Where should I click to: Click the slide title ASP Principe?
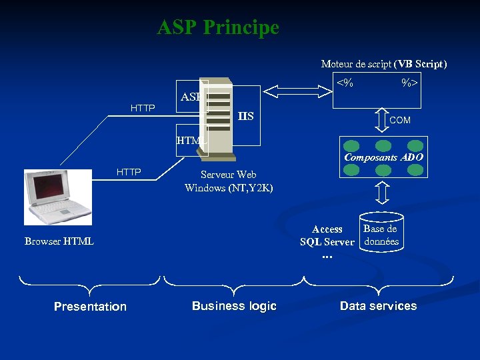218,28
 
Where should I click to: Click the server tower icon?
219,120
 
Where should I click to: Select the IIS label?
246,117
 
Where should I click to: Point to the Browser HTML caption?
59,241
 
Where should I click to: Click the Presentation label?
90,307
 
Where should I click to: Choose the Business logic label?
234,306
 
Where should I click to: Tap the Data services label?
378,306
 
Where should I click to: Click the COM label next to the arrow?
400,120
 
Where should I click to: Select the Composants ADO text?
383,158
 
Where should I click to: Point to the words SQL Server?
327,242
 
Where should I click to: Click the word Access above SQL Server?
327,229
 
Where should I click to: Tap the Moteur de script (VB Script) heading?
384,64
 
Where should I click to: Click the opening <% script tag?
345,83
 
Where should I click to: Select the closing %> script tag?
409,83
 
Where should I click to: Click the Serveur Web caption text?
229,175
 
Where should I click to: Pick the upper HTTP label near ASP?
143,108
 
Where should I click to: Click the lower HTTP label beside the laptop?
129,172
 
